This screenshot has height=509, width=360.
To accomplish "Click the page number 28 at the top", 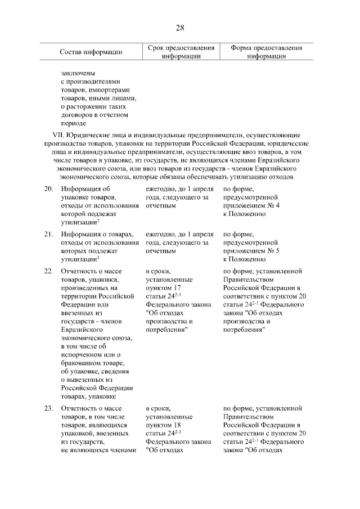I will click(180, 28).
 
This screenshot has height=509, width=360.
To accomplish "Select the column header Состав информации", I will click(91, 52).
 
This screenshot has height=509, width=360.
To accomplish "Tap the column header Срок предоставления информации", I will click(181, 52).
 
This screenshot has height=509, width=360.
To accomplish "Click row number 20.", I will click(49, 190).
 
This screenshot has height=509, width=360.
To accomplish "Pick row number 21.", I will click(49, 233).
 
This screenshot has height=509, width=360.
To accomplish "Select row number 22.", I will click(49, 271).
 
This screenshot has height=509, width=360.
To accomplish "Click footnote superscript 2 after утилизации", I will click(98, 221).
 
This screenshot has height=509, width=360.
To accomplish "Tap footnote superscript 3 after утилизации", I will click(98, 257).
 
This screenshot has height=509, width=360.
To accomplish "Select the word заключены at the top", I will click(78, 73).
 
